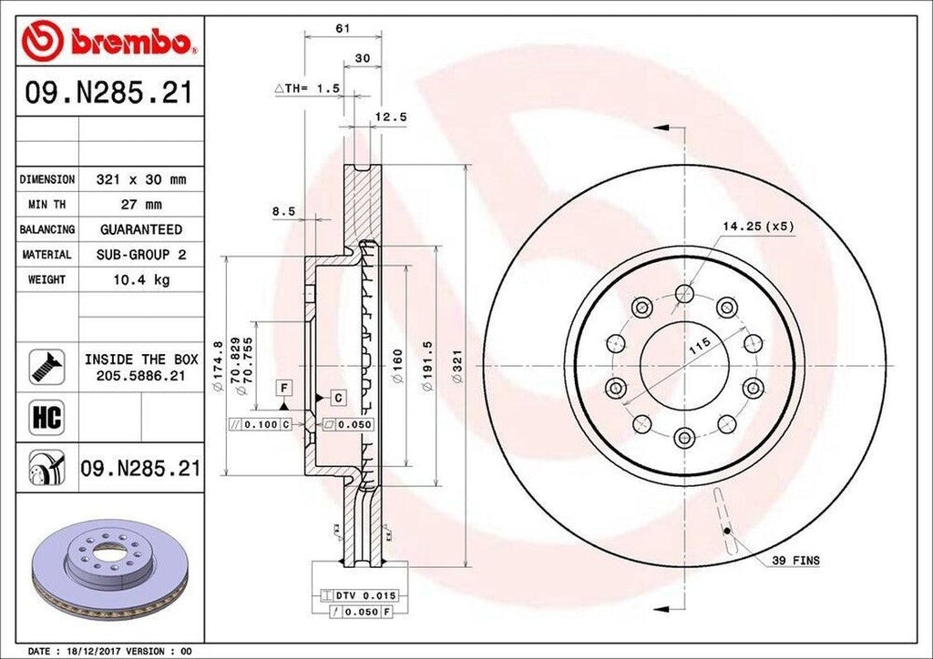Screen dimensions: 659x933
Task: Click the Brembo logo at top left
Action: tap(108, 40)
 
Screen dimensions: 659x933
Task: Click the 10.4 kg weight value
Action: tap(141, 279)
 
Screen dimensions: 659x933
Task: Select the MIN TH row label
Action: tap(47, 205)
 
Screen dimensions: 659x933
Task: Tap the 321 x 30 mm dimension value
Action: tap(141, 179)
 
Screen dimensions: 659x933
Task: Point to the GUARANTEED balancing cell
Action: tap(141, 229)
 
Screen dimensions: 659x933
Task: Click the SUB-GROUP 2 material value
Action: tap(141, 255)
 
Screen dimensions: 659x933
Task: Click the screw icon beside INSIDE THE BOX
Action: tap(46, 366)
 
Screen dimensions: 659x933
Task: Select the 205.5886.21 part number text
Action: tap(141, 375)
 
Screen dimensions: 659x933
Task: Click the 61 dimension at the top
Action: tap(343, 28)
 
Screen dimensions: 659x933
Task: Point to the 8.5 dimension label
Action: tap(283, 211)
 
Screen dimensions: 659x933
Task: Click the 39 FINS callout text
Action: tap(795, 562)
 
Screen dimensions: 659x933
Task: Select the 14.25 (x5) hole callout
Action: tap(758, 225)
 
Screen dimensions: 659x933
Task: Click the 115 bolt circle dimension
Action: tap(699, 346)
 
